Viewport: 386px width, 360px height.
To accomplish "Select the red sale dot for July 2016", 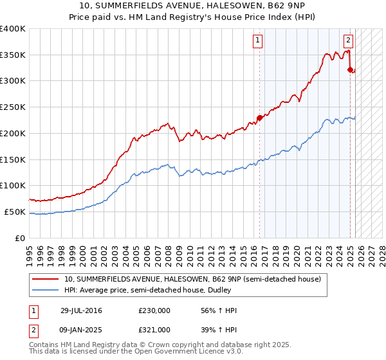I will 260,117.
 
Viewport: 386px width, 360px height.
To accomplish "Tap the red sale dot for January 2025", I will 350,69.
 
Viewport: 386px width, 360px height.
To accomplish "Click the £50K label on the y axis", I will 15,212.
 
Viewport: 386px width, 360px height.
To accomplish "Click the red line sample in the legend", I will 46,279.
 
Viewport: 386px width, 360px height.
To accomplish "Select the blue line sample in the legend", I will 46,290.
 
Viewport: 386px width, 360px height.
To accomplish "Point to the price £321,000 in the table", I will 154,330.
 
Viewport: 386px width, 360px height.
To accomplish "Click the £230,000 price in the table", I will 154,311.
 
